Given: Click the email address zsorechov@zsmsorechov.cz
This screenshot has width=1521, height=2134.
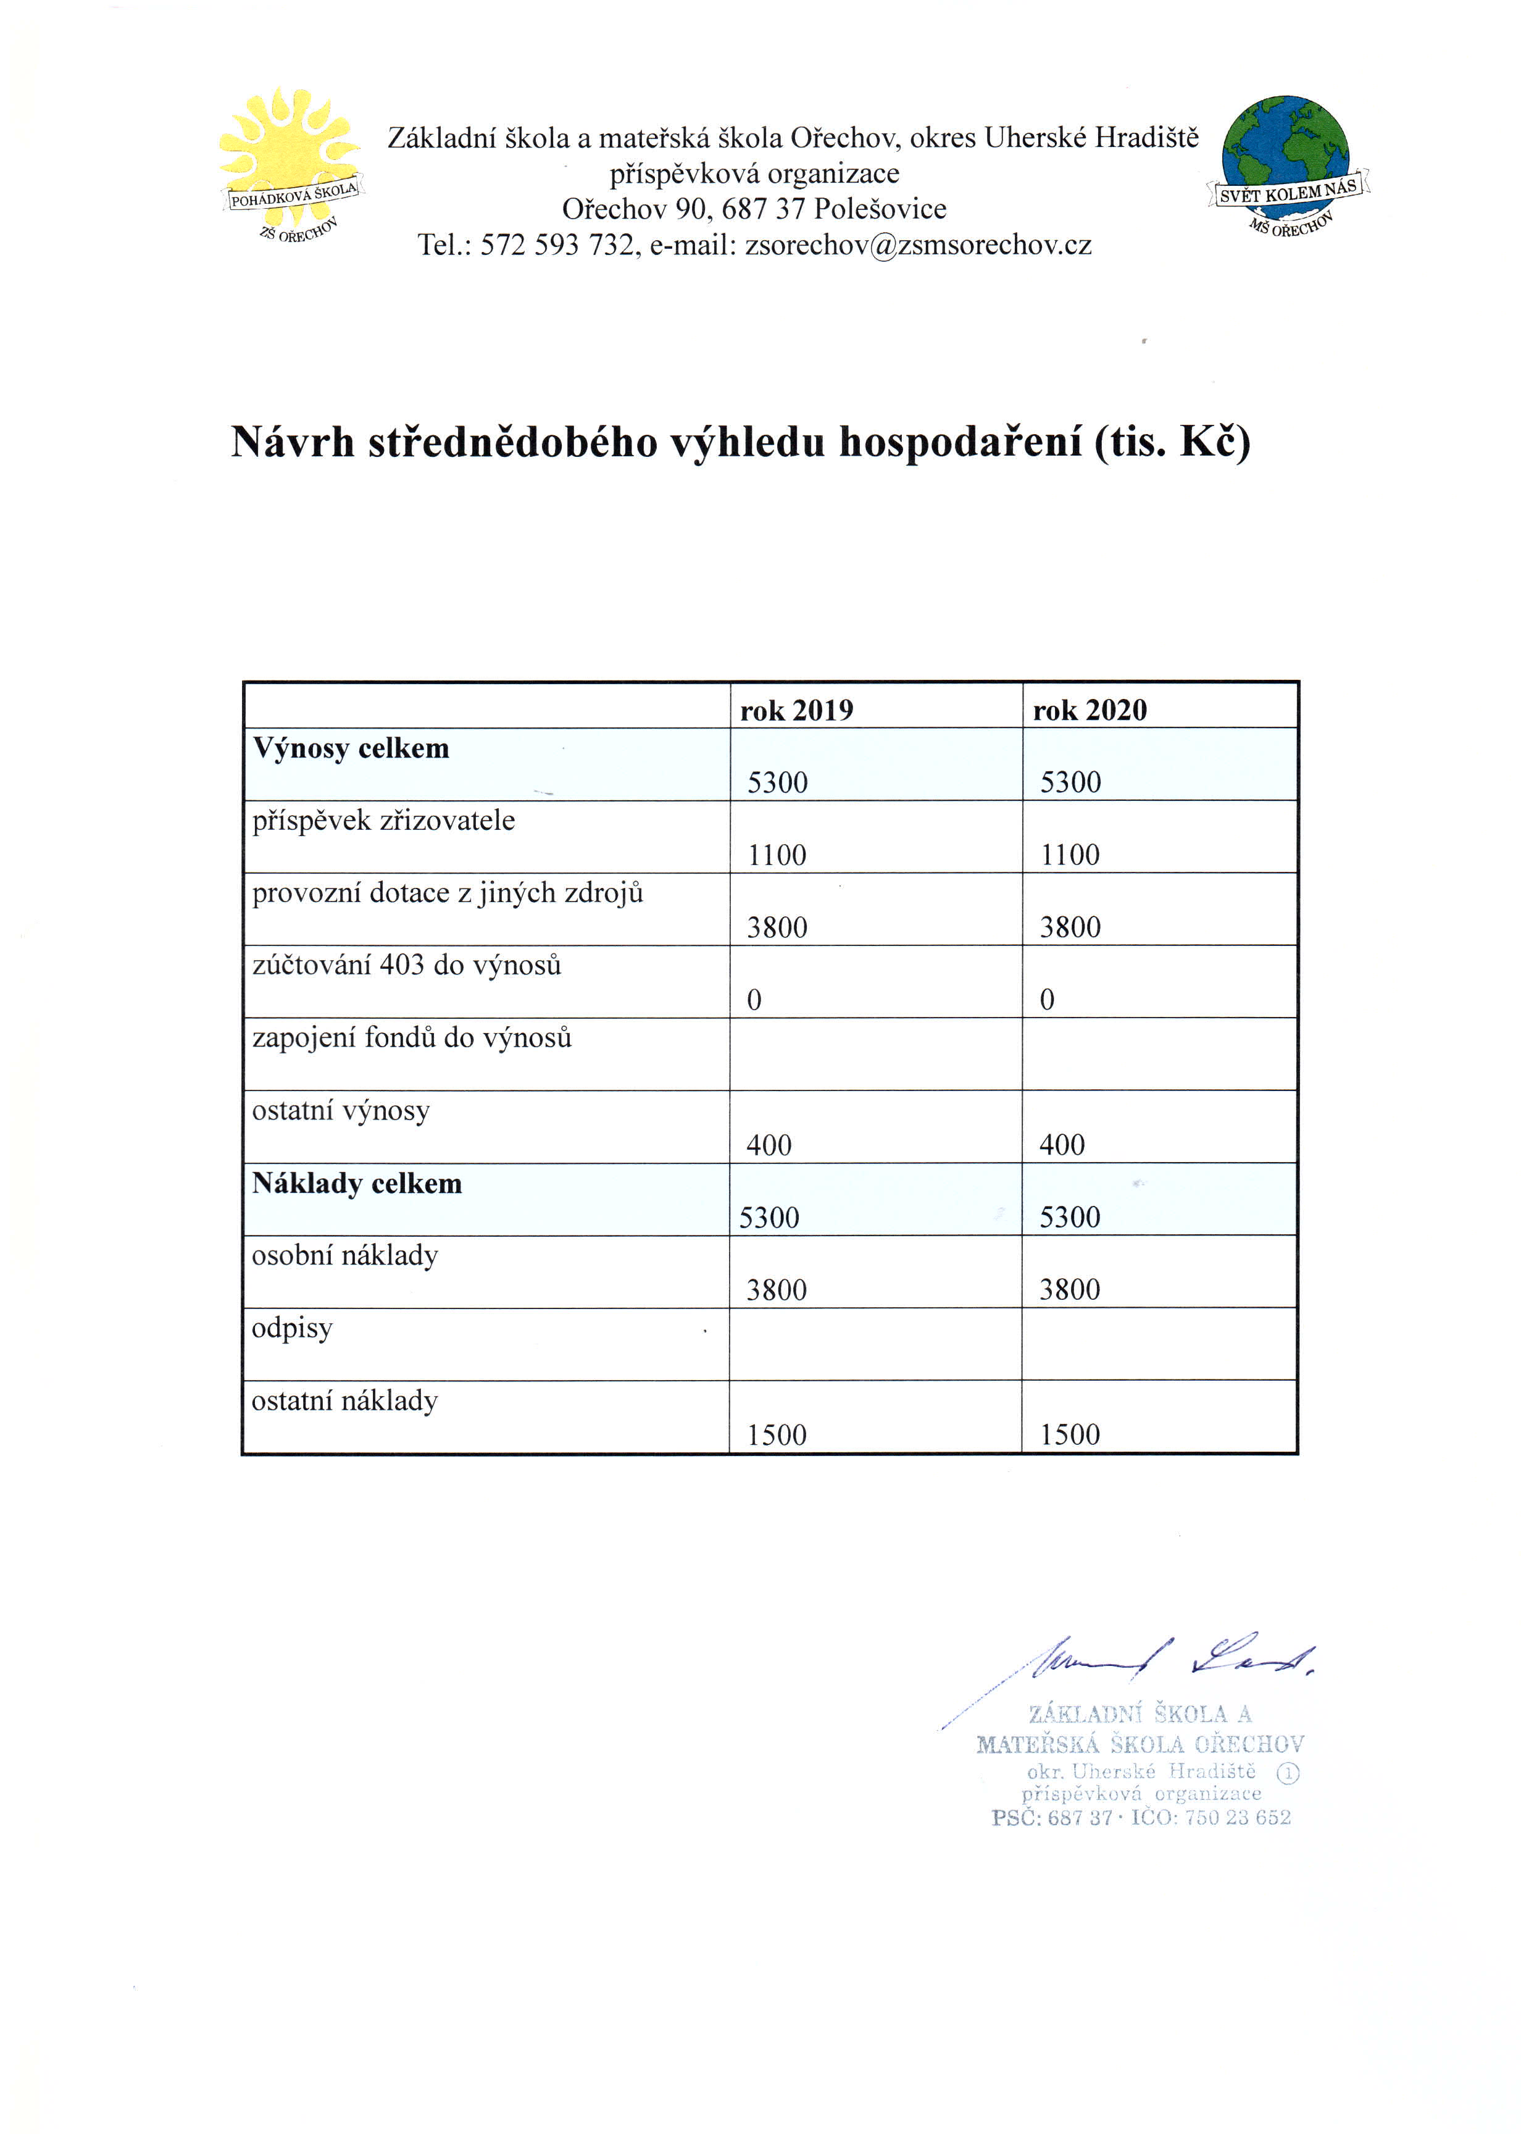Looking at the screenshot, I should (x=918, y=245).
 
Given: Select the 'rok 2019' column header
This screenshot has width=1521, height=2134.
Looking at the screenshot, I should (x=796, y=711).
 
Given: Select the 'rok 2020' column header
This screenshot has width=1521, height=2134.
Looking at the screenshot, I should (x=1090, y=711).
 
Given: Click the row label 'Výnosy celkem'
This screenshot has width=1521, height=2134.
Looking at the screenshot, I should (x=351, y=748).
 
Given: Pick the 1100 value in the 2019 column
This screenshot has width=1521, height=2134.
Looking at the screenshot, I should (x=777, y=855).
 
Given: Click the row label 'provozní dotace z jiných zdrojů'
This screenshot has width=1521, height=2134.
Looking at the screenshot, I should (x=448, y=893).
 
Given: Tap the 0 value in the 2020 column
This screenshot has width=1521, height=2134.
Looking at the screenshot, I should (x=1047, y=1000).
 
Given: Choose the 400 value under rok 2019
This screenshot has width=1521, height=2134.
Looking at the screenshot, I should (x=769, y=1145).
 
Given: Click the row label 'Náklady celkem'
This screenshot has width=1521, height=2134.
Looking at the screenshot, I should (x=357, y=1184).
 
